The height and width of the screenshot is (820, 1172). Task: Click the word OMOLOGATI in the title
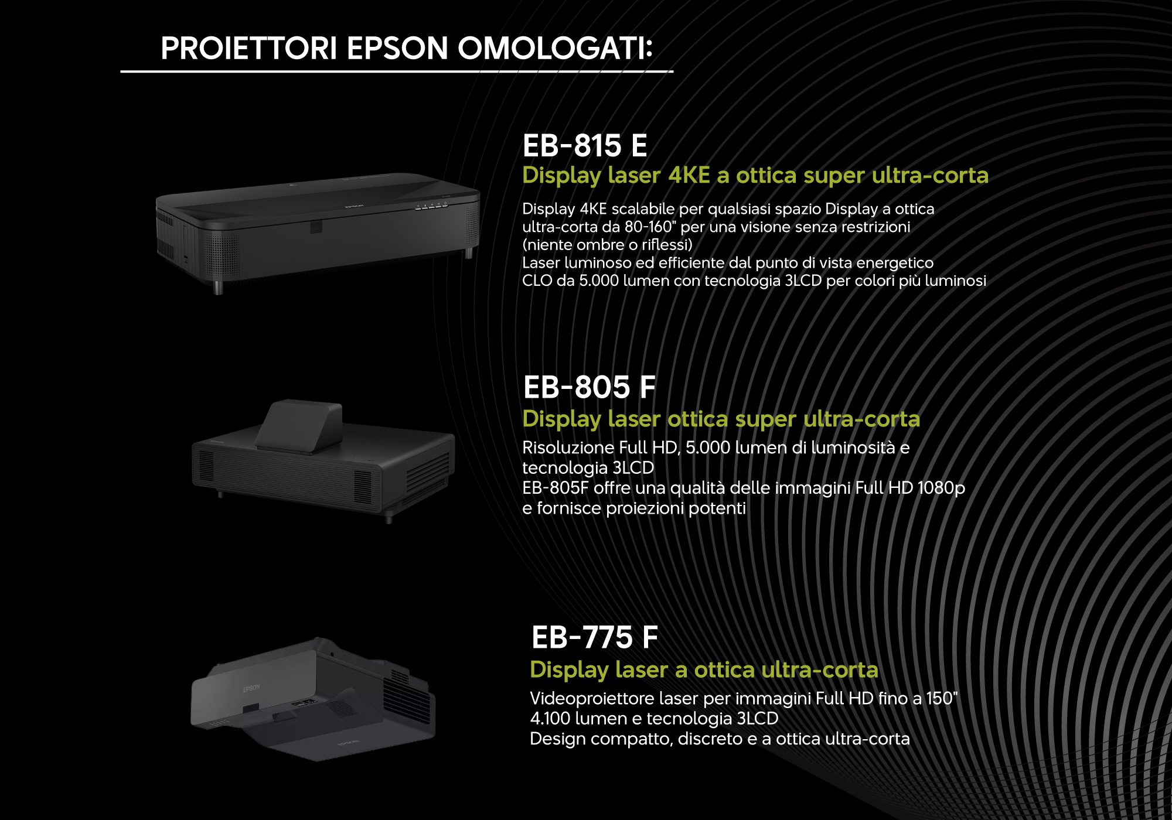[x=555, y=48]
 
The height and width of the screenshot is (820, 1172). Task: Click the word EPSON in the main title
[x=397, y=48]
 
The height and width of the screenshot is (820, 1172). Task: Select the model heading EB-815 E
[x=585, y=145]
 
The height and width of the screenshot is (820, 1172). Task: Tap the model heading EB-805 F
[x=589, y=387]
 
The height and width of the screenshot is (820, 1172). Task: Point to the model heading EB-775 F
[x=594, y=637]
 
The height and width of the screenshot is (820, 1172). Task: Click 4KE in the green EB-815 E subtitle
[x=689, y=175]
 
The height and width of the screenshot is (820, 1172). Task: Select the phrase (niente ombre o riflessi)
[x=607, y=245]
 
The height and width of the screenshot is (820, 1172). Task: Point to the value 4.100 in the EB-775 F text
[x=550, y=719]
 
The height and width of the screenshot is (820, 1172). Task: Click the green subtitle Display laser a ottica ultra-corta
[x=704, y=669]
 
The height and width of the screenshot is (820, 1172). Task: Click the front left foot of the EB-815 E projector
[x=218, y=287]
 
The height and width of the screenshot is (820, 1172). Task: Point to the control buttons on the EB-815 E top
[x=431, y=205]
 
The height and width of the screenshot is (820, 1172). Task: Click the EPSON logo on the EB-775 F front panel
[x=251, y=688]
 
